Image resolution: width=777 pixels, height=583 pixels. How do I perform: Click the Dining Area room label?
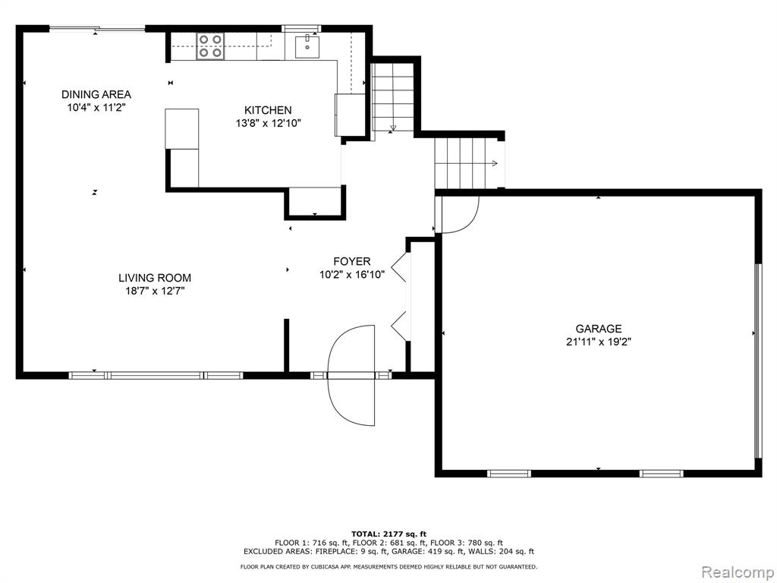tap(96, 94)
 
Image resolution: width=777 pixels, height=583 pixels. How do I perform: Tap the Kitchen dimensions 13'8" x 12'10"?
tap(268, 123)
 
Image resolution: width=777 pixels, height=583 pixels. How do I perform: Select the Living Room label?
tap(155, 278)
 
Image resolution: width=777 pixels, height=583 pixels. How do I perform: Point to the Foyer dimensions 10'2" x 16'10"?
tap(352, 275)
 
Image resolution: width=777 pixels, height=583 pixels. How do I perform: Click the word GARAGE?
tap(599, 329)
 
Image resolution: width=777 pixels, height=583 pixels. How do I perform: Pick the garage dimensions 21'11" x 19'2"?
tap(599, 342)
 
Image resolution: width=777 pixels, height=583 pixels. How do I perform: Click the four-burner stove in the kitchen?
tap(210, 46)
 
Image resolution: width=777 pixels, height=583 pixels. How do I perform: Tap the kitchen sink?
tap(307, 46)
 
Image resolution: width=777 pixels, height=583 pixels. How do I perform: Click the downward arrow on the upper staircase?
tap(393, 127)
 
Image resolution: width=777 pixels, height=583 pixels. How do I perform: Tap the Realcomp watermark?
tap(738, 572)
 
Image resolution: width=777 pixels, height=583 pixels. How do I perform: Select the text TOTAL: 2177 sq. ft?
tap(388, 534)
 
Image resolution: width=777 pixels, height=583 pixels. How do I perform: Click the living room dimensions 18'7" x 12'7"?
tap(155, 291)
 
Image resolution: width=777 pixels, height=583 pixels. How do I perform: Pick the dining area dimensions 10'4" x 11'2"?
tap(96, 107)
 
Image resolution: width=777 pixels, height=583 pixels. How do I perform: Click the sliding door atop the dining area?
tap(97, 29)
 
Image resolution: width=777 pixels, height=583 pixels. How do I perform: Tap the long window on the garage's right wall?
tap(758, 361)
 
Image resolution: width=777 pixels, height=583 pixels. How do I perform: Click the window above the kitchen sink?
tap(301, 28)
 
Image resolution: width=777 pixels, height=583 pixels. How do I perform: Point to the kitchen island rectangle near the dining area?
tap(182, 129)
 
